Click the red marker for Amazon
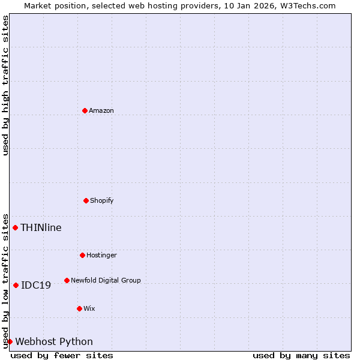tap(85, 110)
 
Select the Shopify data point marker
tap(86, 200)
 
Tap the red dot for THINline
tap(15, 227)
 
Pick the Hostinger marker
tap(82, 255)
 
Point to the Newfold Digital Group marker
tap(67, 280)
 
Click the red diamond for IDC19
tap(16, 285)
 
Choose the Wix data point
tap(79, 308)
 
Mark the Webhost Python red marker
tap(10, 341)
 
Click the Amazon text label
tap(101, 110)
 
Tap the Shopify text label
tap(102, 200)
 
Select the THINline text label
tap(41, 227)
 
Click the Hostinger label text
tap(101, 255)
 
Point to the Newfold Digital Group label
tap(106, 280)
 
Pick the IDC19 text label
tap(36, 285)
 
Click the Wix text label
tap(89, 308)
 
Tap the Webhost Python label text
tap(54, 341)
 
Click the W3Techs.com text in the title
tap(308, 5)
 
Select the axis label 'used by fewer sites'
tap(62, 355)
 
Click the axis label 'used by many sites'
tap(301, 355)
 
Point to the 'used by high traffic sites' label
tap(5, 85)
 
